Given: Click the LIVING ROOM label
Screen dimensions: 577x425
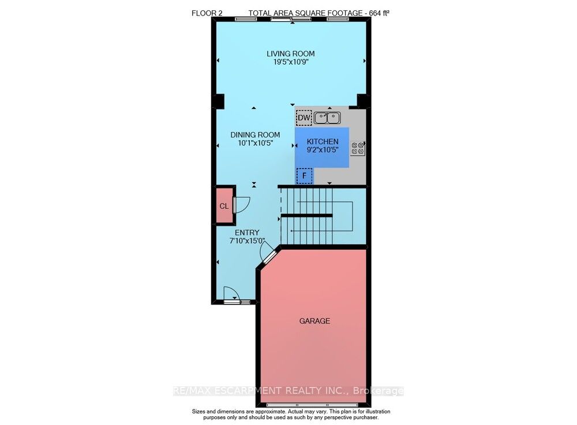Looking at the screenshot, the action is pyautogui.click(x=290, y=54).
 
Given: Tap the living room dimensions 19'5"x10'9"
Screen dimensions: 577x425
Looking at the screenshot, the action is pyautogui.click(x=291, y=62).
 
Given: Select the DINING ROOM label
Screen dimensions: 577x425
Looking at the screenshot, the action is pyautogui.click(x=255, y=135).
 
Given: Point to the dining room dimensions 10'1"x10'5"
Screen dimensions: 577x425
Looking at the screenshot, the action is pyautogui.click(x=255, y=143).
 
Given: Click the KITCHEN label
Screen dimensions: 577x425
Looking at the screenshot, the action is pyautogui.click(x=323, y=141).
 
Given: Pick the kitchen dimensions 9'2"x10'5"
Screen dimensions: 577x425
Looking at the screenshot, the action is pyautogui.click(x=323, y=149).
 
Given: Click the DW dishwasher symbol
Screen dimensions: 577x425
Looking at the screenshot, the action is pyautogui.click(x=304, y=118).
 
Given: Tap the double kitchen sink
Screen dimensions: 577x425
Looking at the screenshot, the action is pyautogui.click(x=327, y=118).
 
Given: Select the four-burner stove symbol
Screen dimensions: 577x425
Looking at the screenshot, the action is pyautogui.click(x=358, y=148).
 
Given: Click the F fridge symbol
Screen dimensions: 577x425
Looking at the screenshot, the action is pyautogui.click(x=304, y=176).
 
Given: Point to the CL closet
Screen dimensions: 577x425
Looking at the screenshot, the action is pyautogui.click(x=224, y=206).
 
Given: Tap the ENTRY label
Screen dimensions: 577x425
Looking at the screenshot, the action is pyautogui.click(x=247, y=233).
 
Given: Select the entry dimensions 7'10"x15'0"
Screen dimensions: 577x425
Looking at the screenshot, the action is pyautogui.click(x=247, y=241).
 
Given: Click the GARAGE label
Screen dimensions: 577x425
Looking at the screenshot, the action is pyautogui.click(x=314, y=321).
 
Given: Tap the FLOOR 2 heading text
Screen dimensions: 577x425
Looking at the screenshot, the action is pyautogui.click(x=207, y=13).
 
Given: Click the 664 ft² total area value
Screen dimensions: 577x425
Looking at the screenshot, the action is pyautogui.click(x=380, y=13).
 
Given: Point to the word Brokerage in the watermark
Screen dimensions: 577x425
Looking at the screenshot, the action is pyautogui.click(x=378, y=390).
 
